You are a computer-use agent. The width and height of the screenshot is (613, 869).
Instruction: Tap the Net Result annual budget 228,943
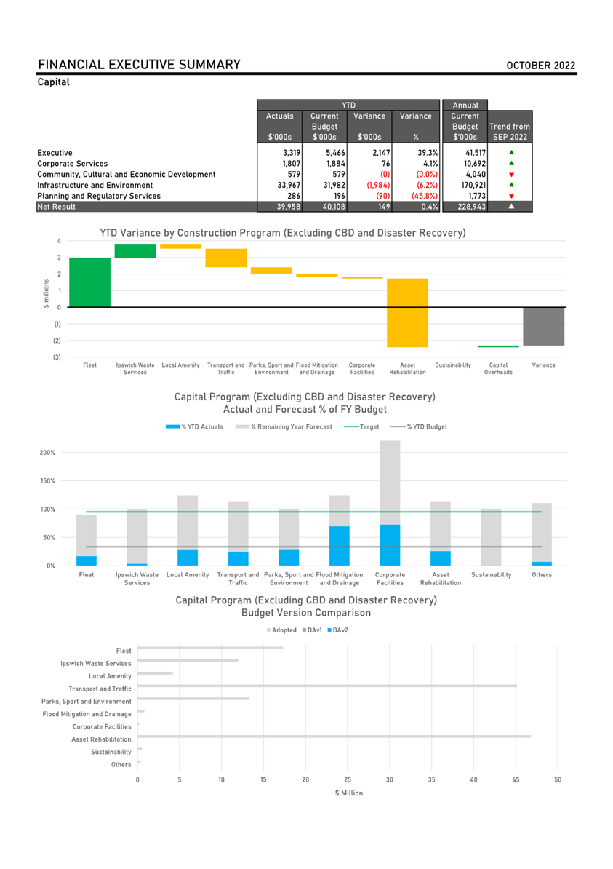(x=472, y=207)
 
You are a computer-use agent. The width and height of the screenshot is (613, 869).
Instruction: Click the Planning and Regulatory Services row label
(x=99, y=197)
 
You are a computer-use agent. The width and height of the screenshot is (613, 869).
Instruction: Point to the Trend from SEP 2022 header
(x=510, y=132)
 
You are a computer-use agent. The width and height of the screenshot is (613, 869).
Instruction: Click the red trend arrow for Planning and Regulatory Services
(x=512, y=197)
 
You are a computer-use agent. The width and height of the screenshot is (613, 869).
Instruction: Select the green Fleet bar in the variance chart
(x=89, y=282)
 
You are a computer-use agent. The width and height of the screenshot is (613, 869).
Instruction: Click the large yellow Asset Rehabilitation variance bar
(x=407, y=313)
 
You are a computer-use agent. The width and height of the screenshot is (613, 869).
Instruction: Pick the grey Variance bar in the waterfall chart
(x=544, y=327)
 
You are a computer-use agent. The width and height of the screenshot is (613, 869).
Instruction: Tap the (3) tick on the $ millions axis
(x=57, y=357)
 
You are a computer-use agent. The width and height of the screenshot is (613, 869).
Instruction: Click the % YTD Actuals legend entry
(x=194, y=426)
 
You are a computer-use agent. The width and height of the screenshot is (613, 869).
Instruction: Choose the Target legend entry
(x=361, y=426)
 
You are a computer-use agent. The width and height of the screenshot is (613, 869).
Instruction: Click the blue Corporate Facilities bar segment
(x=390, y=545)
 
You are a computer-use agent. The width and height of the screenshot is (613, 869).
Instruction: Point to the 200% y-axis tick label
(x=47, y=453)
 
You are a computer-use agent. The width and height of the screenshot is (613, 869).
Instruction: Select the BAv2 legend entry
(x=338, y=630)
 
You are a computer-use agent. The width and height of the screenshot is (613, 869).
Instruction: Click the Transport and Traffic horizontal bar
(x=327, y=686)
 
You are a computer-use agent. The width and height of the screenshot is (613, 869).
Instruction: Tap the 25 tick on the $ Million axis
(x=348, y=779)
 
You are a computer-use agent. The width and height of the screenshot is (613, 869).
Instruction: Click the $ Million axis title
(x=349, y=793)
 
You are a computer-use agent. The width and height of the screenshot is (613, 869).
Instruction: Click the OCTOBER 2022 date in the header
(x=541, y=66)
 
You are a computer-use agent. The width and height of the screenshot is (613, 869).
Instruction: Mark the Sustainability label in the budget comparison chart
(x=111, y=752)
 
